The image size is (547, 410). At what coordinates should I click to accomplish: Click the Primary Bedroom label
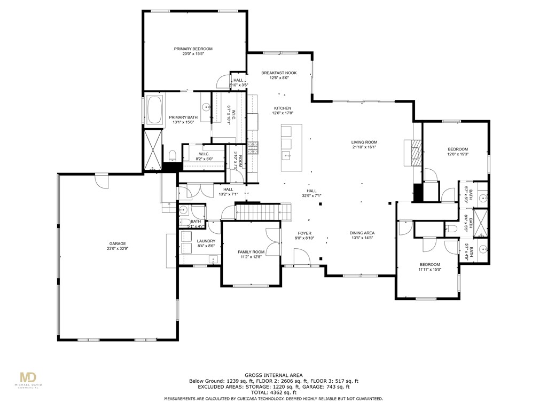(193, 49)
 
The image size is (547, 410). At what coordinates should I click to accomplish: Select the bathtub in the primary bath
(155, 111)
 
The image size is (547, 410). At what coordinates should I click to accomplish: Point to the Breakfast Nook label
(279, 73)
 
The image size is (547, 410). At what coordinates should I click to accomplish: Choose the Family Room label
(251, 252)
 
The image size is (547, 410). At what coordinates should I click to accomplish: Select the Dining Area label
(362, 233)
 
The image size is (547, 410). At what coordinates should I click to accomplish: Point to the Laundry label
(191, 241)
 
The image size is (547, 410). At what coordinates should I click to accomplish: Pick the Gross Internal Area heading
(274, 375)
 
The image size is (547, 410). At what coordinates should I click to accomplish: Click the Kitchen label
(283, 108)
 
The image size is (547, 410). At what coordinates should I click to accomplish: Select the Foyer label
(304, 233)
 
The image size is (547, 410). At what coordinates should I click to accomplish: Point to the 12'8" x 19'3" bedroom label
(457, 149)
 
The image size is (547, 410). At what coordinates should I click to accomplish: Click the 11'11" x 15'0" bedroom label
(429, 265)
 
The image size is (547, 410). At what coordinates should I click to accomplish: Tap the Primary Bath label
(183, 117)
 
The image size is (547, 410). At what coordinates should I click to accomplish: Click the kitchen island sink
(286, 156)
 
